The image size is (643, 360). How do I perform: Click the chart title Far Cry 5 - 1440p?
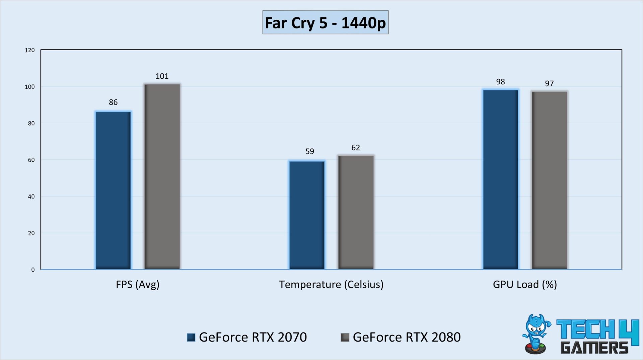point(325,22)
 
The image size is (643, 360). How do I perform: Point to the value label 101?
point(162,76)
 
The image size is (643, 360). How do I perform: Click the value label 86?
point(113,102)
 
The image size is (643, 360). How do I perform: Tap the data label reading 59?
point(310,151)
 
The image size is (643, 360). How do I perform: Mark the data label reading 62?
point(356,148)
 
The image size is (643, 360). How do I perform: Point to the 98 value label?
point(500,82)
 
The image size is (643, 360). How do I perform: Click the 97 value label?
point(549,83)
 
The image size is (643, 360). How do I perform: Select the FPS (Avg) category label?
point(138,284)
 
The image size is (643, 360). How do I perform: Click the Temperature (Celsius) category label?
point(331,284)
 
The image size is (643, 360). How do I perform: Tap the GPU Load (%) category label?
point(525,284)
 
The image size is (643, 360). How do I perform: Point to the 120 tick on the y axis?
point(30,50)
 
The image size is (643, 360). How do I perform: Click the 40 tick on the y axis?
point(31,197)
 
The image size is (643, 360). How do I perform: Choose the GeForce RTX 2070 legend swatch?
point(191,337)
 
